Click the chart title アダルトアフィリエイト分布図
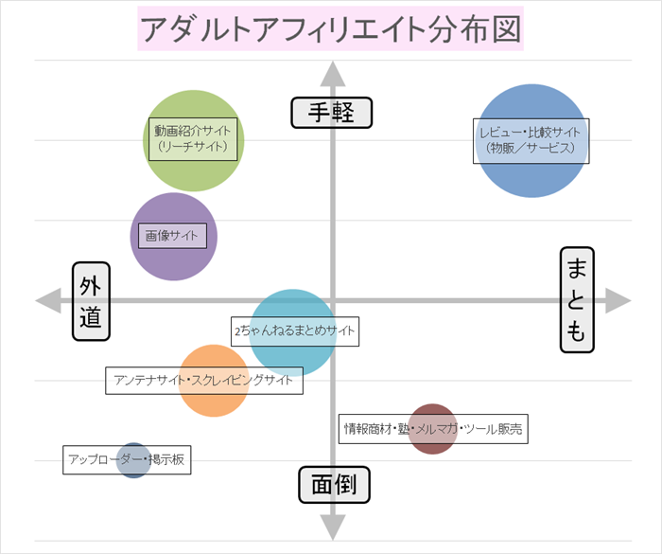330,29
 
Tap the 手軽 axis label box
331,113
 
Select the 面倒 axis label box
334,485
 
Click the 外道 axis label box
91,301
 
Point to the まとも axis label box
576,300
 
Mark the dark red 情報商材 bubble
433,442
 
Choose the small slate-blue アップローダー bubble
133,471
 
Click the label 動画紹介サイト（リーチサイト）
193,138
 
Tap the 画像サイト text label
171,235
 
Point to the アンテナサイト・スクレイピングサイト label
203,381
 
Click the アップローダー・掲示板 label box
127,460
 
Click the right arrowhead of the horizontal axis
618,300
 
